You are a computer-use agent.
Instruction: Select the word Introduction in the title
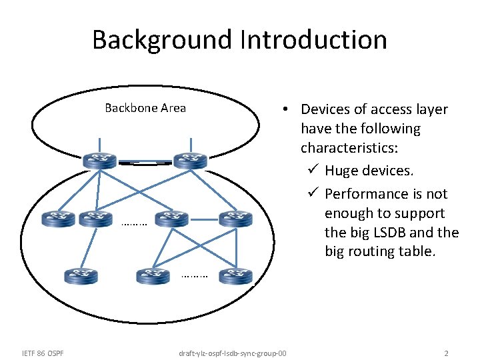pyautogui.click(x=314, y=40)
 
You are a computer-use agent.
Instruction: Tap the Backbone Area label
pyautogui.click(x=145, y=108)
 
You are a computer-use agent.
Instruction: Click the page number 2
pyautogui.click(x=446, y=353)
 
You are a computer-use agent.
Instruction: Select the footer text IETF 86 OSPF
pyautogui.click(x=43, y=353)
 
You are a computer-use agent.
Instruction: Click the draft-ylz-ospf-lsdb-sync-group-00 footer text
pyautogui.click(x=233, y=353)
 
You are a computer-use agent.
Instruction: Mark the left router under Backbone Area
pyautogui.click(x=99, y=161)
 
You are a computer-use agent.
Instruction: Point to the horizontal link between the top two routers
pyautogui.click(x=145, y=162)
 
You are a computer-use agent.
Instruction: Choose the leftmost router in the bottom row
pyautogui.click(x=81, y=275)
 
